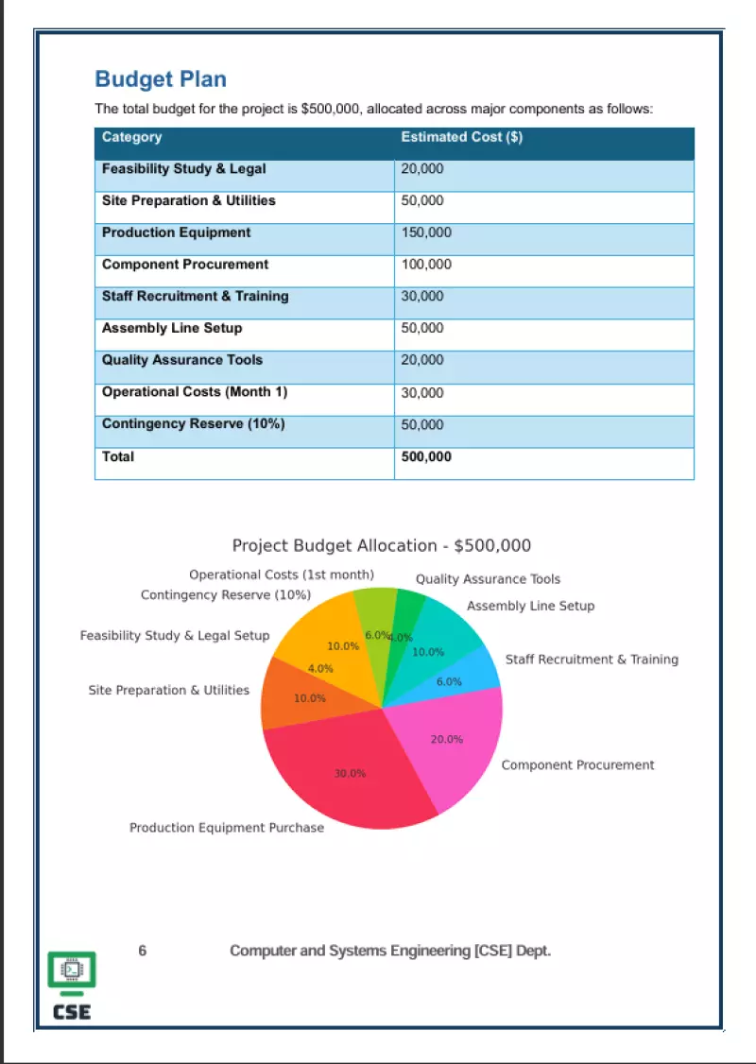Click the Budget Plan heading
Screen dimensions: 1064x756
(x=161, y=79)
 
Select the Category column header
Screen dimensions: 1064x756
(x=132, y=138)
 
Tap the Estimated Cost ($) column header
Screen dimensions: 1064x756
(x=462, y=138)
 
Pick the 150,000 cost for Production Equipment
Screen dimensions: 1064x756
(x=426, y=233)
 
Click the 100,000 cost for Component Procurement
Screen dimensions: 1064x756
(x=426, y=266)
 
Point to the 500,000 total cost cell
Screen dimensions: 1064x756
(x=426, y=457)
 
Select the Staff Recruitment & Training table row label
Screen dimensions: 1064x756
(x=196, y=297)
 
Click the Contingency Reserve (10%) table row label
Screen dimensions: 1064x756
(x=194, y=424)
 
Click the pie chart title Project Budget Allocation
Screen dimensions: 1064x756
(x=382, y=546)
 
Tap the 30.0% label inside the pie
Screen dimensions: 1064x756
(x=350, y=774)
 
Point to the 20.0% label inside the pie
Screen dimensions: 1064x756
(x=447, y=740)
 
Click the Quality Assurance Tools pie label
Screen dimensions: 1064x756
(x=488, y=580)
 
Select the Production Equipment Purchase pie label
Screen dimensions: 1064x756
(x=227, y=829)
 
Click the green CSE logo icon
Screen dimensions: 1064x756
(x=72, y=973)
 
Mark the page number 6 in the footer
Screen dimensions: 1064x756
(x=143, y=952)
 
